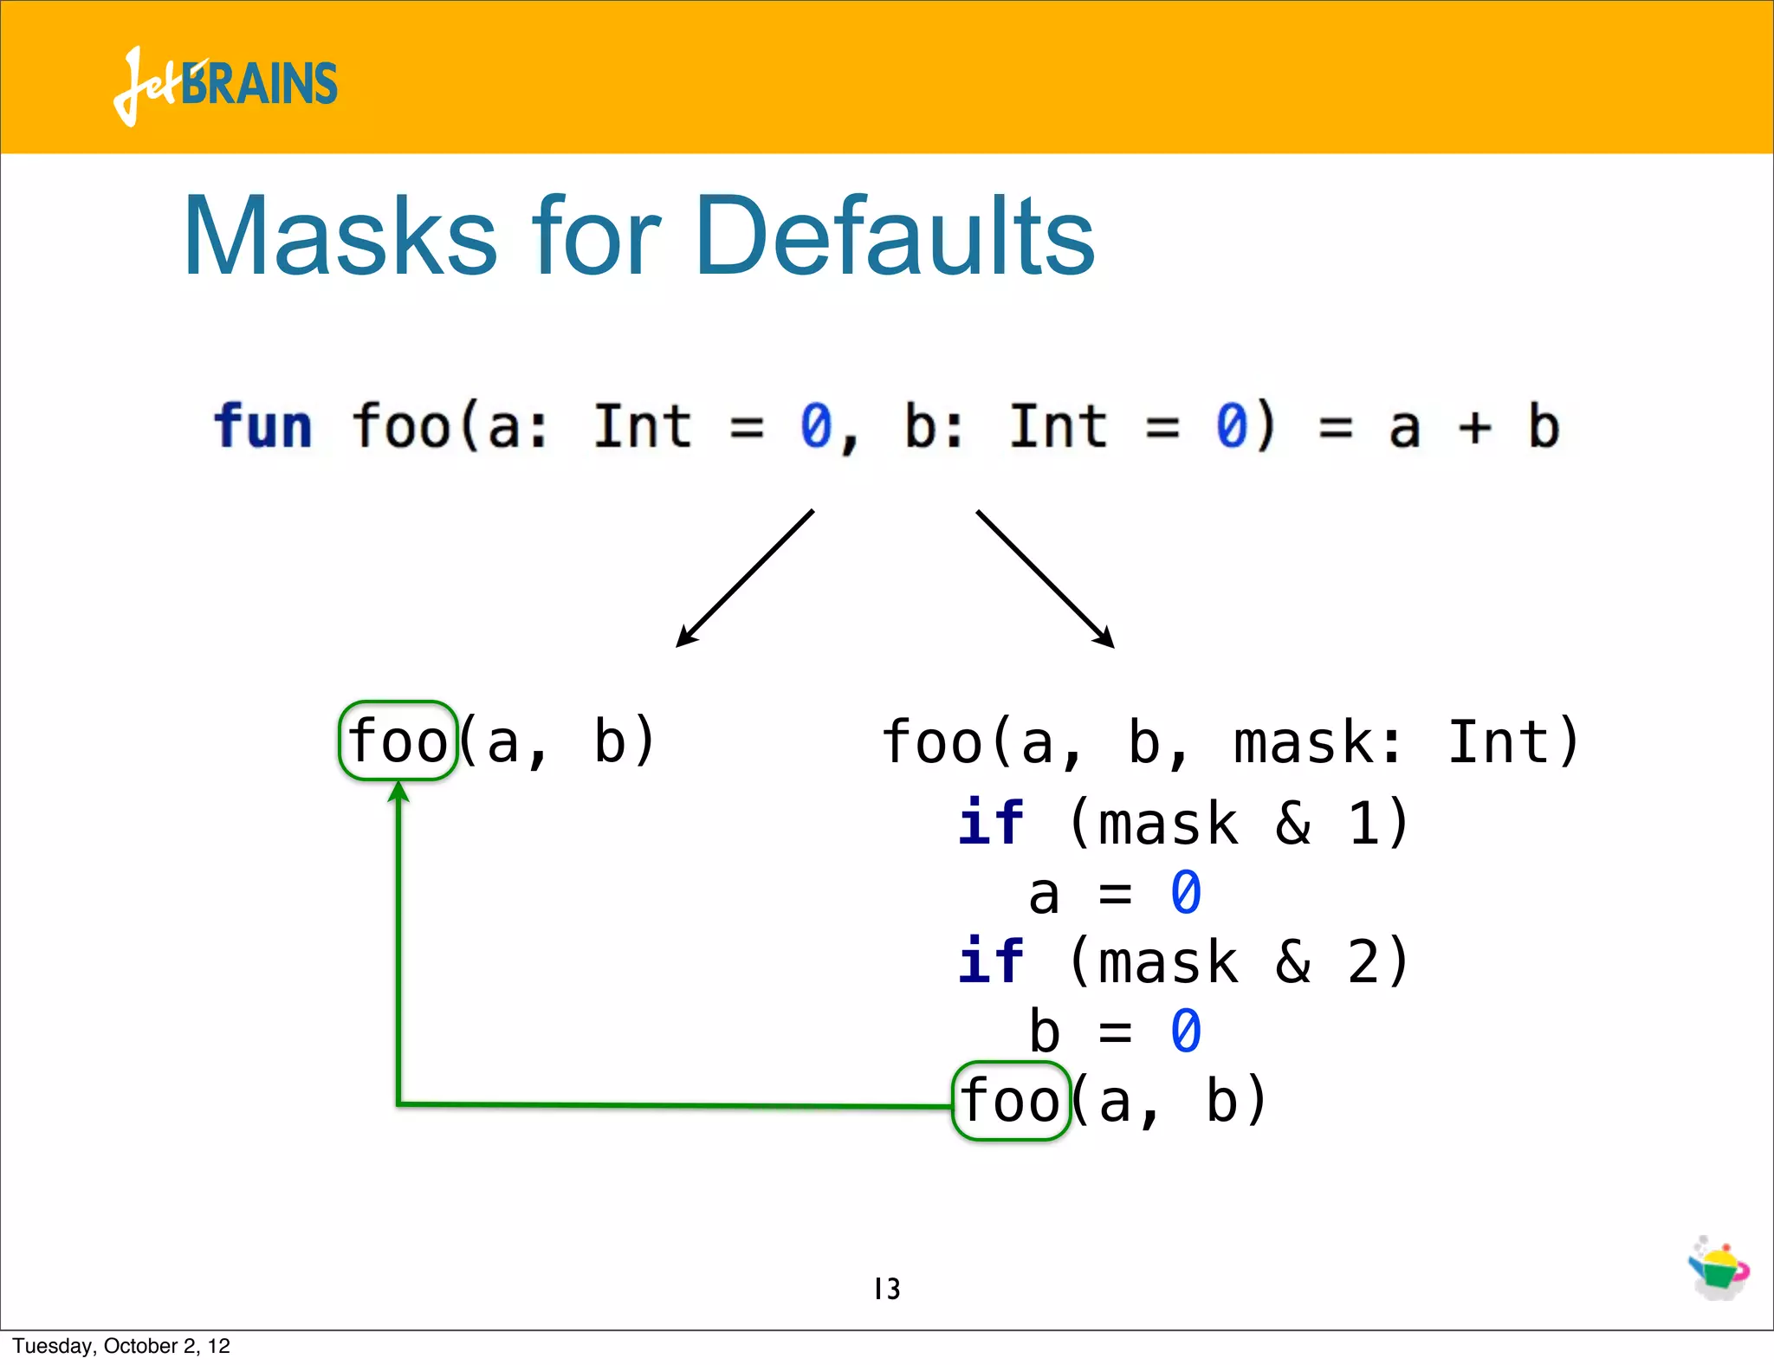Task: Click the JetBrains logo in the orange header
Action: tap(225, 84)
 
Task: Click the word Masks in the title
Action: tap(340, 236)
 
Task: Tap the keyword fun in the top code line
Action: tap(262, 426)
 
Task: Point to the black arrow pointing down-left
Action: tap(745, 579)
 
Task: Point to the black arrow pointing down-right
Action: tap(1045, 579)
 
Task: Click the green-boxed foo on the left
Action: tap(398, 741)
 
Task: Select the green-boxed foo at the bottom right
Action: tap(1011, 1101)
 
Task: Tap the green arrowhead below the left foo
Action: tap(398, 792)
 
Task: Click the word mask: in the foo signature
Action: tap(1317, 742)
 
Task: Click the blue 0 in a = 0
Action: tap(1185, 894)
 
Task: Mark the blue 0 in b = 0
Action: tap(1185, 1032)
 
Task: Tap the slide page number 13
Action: tap(887, 1289)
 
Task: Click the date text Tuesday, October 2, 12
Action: tap(121, 1346)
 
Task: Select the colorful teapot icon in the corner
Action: tap(1719, 1268)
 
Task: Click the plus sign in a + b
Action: tap(1473, 427)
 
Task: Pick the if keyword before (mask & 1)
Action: tap(990, 822)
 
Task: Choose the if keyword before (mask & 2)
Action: tap(990, 961)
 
